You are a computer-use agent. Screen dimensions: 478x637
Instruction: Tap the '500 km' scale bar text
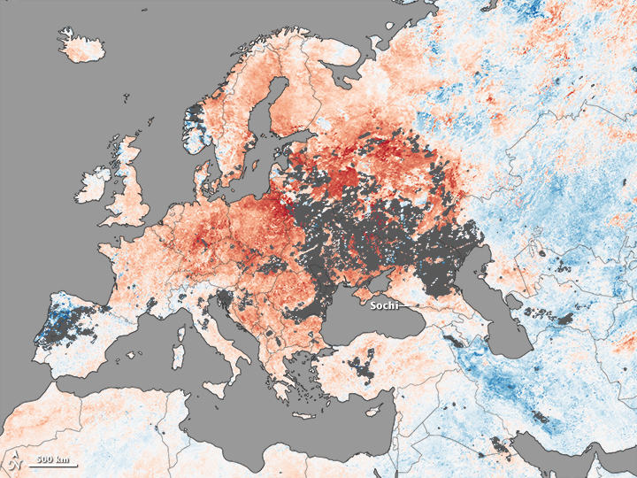coord(54,458)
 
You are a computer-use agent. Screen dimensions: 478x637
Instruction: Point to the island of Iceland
coord(81,49)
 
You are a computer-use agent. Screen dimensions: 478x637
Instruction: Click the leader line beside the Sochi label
coord(407,305)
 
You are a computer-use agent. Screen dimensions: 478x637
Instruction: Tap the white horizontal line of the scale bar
coord(54,465)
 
